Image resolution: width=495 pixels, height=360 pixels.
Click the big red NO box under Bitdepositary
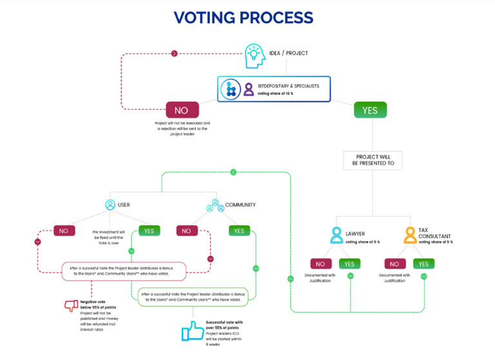coord(182,110)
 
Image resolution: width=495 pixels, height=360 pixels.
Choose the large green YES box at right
coord(370,110)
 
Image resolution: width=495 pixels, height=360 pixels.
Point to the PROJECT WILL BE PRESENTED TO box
coord(373,161)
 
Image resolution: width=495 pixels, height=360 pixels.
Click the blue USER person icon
coord(110,205)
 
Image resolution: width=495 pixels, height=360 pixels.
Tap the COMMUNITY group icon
coord(215,205)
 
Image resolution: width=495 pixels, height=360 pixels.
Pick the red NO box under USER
coord(64,230)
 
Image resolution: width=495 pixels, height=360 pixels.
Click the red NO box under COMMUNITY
coord(186,230)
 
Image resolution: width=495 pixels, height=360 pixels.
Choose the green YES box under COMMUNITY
coord(239,230)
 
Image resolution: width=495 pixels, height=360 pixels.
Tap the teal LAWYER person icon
coord(336,235)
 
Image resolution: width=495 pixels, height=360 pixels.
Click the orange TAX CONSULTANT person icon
coord(410,235)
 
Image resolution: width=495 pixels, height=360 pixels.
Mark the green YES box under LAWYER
coord(349,263)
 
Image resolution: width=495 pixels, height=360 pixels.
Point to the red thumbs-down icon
coord(71,306)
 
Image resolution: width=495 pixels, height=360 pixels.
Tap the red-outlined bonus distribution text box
coord(124,270)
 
